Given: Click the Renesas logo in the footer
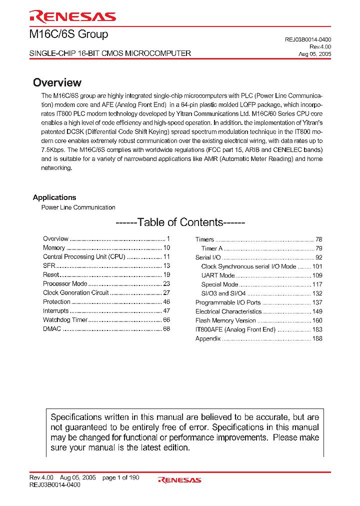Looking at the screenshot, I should (x=179, y=480).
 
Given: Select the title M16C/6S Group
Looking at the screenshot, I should (x=69, y=34).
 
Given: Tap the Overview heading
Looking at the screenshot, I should (x=57, y=82).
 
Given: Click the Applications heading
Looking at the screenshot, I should (x=54, y=197).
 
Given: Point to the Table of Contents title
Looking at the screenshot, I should (x=180, y=222).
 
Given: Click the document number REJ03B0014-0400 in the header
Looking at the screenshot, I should (x=307, y=39).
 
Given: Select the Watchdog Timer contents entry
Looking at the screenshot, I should (x=65, y=320).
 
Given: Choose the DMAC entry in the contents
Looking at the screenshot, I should (x=51, y=329).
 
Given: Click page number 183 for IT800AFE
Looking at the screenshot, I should (x=317, y=329).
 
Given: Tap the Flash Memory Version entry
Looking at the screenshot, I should (x=225, y=320).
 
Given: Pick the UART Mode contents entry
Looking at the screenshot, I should (x=218, y=275).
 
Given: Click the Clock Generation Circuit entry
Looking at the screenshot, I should (x=75, y=293).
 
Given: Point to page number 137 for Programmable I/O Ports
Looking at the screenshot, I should (x=317, y=302).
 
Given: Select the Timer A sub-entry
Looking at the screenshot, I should (x=212, y=248).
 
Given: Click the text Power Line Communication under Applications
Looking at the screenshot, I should (x=78, y=207).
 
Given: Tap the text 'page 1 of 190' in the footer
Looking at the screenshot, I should (x=121, y=477).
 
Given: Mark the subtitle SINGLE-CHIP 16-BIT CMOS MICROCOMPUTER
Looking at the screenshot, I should (x=110, y=53).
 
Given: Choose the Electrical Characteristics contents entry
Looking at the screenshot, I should (x=228, y=311).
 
